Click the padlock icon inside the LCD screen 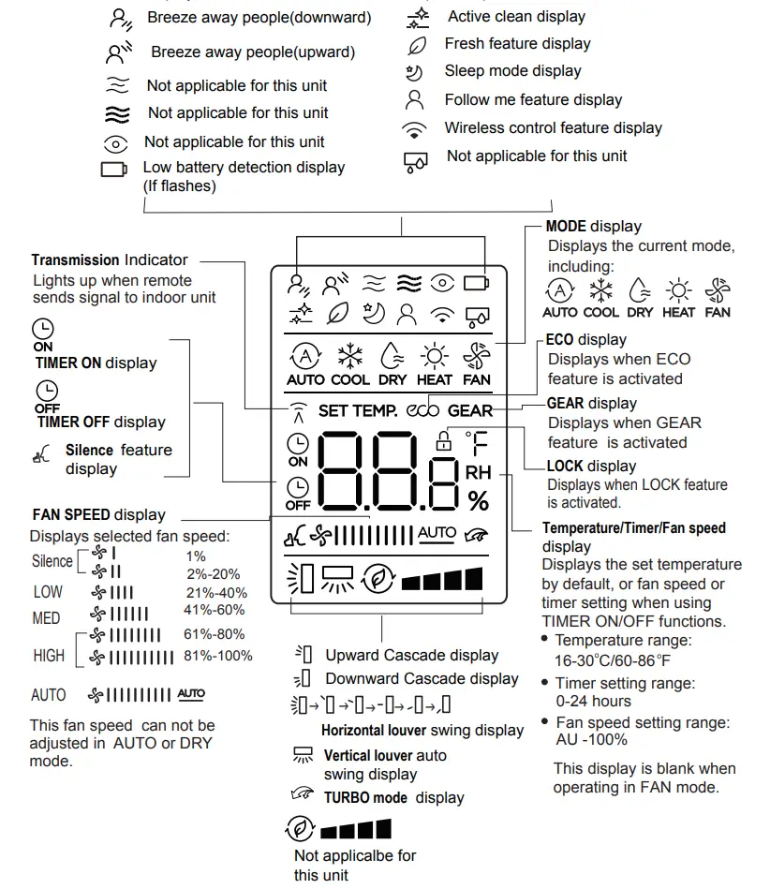[443, 441]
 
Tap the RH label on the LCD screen [478, 473]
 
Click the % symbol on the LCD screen [478, 501]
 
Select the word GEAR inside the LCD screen [469, 410]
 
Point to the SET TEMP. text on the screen [358, 410]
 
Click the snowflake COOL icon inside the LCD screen [350, 356]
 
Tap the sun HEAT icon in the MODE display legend [678, 289]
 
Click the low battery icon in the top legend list [114, 170]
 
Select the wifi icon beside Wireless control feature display [414, 129]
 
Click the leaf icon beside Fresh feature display [416, 44]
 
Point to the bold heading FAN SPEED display [98, 514]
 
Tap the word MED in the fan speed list [46, 618]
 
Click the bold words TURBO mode [365, 797]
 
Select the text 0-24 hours [593, 701]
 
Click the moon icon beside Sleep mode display [414, 71]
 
